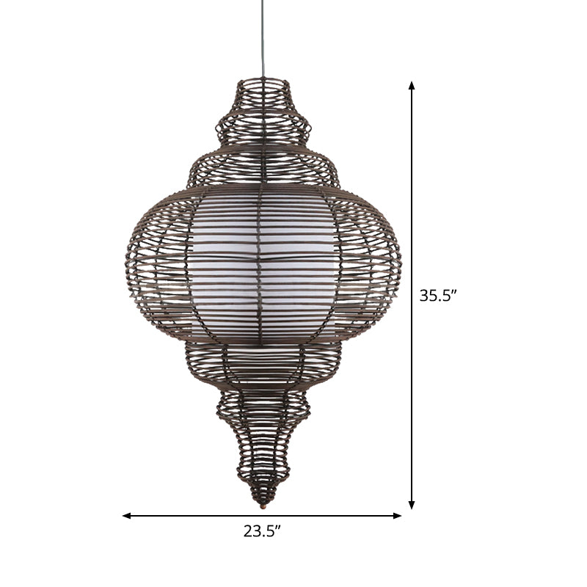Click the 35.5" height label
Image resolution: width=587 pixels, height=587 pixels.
[438, 296]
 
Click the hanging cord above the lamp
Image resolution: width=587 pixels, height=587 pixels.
[263, 37]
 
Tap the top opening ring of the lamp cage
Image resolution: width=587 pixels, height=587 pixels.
[263, 81]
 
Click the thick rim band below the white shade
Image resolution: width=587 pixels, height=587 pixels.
[263, 343]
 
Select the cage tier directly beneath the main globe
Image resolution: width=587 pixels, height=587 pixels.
[263, 367]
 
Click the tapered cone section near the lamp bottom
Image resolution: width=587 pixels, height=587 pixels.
[263, 455]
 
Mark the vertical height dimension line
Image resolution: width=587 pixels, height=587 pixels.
[412, 183]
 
